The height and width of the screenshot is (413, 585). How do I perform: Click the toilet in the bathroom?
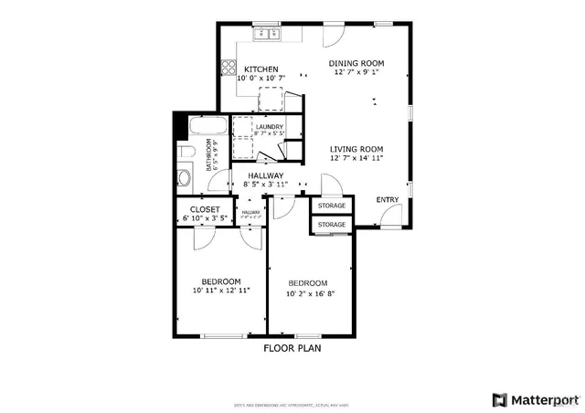pyautogui.click(x=185, y=151)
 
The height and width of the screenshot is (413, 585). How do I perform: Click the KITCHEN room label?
pyautogui.click(x=261, y=69)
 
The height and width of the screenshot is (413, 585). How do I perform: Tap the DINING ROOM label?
pyautogui.click(x=356, y=63)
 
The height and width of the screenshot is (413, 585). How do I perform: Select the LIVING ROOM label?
pyautogui.click(x=356, y=149)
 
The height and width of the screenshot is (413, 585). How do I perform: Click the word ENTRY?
pyautogui.click(x=388, y=200)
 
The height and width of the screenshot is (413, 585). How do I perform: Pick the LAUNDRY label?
pyautogui.click(x=270, y=127)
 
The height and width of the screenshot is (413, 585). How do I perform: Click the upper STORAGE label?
pyautogui.click(x=332, y=206)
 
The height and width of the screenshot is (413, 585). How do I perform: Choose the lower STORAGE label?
pyautogui.click(x=332, y=224)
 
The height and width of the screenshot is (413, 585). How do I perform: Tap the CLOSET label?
pyautogui.click(x=205, y=209)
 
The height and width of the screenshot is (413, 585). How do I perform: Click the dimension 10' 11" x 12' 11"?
pyautogui.click(x=221, y=291)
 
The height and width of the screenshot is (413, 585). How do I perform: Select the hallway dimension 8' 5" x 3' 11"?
pyautogui.click(x=260, y=185)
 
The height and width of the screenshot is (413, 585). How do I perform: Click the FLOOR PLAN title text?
pyautogui.click(x=292, y=348)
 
